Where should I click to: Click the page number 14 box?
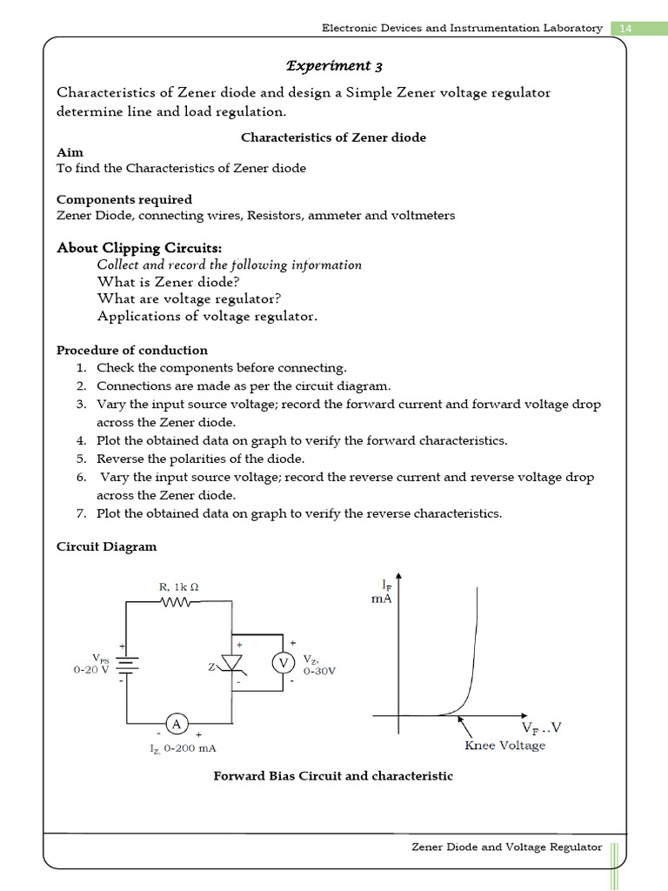pos(625,28)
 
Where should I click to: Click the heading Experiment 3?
pos(334,66)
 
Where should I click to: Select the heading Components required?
pos(124,199)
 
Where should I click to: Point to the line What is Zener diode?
pos(168,282)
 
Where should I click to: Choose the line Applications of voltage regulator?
pos(207,317)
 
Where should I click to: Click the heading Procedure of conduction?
pos(132,350)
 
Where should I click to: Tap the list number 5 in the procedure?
pos(80,459)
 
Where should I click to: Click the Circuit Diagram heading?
pos(107,546)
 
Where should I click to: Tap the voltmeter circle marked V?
pos(283,664)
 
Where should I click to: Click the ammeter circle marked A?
pos(177,724)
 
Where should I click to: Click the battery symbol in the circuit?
pos(127,664)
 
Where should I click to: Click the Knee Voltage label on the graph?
pos(504,746)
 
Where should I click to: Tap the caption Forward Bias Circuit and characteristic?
pos(333,775)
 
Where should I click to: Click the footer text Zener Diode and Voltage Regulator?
pos(506,847)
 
